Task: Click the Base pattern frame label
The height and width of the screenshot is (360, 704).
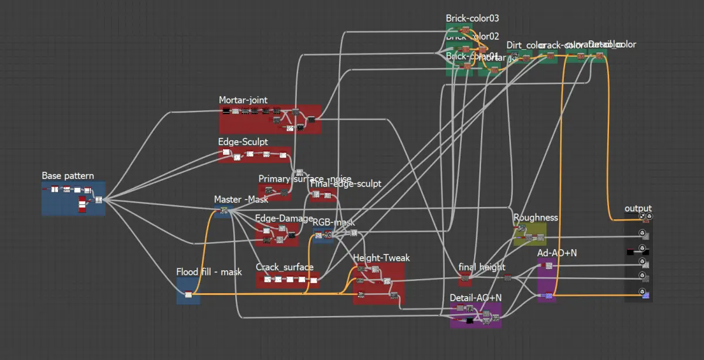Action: click(67, 176)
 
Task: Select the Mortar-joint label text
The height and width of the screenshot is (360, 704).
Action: click(243, 100)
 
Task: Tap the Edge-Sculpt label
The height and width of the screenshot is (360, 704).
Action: click(243, 142)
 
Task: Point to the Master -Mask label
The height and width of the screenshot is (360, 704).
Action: click(241, 199)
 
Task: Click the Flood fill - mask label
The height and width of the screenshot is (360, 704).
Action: click(209, 272)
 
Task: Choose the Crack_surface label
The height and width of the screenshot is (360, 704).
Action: click(285, 267)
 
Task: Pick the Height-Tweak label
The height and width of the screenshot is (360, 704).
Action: click(381, 258)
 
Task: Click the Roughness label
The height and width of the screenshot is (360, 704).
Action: click(536, 218)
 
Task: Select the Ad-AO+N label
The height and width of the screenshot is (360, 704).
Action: click(557, 253)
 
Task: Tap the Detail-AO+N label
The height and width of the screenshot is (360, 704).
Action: click(475, 298)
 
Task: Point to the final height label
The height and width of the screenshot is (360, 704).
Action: click(482, 267)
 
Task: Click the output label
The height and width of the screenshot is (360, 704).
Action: click(638, 209)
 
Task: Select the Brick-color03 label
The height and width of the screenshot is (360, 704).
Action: click(472, 19)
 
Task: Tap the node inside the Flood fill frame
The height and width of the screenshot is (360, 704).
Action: click(188, 294)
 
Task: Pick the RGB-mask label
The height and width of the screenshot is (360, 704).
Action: click(333, 223)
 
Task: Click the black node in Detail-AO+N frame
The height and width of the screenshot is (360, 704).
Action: click(469, 321)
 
